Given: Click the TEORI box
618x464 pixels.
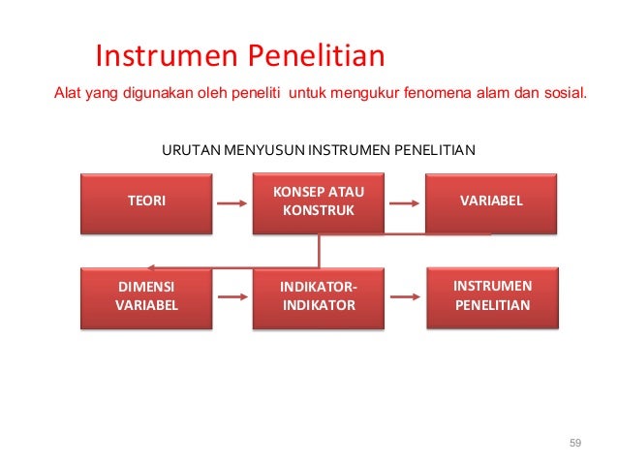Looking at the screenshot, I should (146, 201).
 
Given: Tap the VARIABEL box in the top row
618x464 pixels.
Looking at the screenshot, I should (491, 201).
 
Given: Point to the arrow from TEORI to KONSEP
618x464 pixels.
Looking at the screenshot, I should (232, 204).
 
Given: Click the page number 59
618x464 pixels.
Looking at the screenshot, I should (575, 443).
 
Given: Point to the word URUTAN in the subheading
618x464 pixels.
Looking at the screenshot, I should (190, 150).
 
